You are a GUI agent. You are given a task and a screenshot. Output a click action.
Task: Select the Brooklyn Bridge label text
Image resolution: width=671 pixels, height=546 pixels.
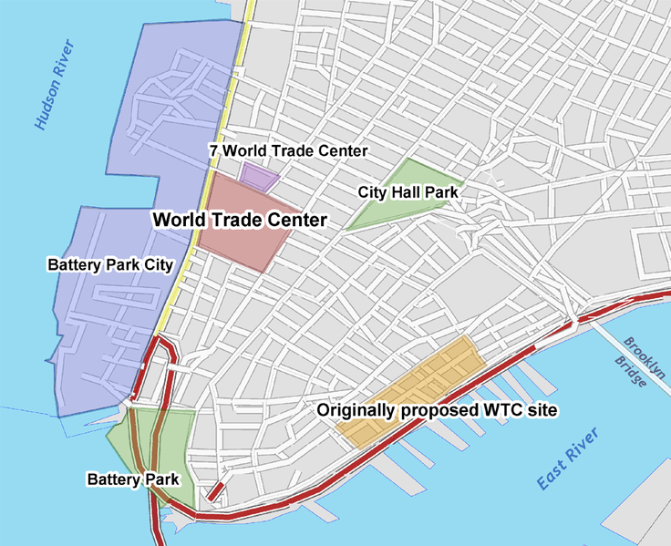click(643, 363)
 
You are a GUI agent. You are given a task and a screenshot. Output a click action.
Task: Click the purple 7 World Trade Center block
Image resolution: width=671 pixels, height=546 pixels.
click(258, 176)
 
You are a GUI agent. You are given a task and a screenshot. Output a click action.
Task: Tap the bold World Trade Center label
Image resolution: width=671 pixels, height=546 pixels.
click(239, 220)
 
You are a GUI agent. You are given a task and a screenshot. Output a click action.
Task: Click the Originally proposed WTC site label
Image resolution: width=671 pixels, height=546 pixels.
click(437, 410)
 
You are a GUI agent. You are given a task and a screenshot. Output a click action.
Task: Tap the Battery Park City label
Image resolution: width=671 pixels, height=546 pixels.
click(110, 264)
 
